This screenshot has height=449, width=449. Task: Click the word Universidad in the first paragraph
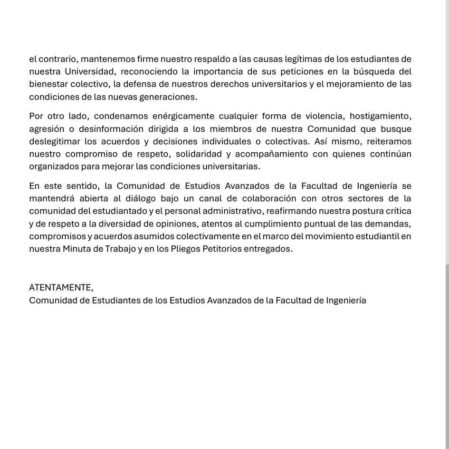(91, 72)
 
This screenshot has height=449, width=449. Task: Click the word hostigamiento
(380, 117)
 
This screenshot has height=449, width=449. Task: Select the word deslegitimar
(54, 141)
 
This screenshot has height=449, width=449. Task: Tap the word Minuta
(76, 249)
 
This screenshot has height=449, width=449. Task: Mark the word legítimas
(303, 59)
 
